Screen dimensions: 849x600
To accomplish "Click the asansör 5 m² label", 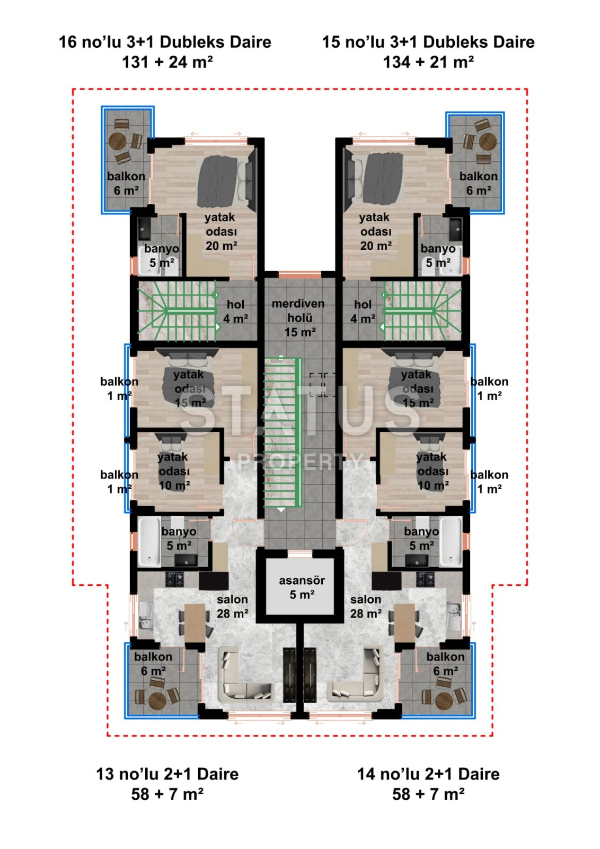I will point(301,587).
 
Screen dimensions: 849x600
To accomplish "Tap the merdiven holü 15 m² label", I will point(298,318).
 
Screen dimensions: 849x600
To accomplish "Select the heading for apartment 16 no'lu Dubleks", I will point(165,51).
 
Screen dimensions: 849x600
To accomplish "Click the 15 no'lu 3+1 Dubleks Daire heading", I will point(428,51).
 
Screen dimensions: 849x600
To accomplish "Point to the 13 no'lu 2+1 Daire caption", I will point(167,783).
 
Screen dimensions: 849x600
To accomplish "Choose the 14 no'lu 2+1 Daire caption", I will point(428,783).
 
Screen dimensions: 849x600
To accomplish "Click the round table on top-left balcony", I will point(117,142).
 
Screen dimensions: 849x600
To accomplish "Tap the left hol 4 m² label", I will point(235,311).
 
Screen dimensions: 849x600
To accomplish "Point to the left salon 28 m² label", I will point(232,607).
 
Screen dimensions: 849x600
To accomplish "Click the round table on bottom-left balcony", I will point(157,700).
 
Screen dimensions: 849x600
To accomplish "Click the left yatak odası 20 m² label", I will point(220,231).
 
